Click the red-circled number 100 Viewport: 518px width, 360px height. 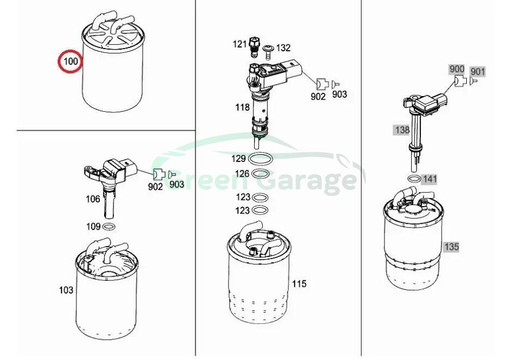[x=70, y=61]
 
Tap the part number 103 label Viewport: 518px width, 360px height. [x=66, y=290]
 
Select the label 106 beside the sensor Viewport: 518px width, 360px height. [x=93, y=199]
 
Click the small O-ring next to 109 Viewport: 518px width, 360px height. [x=109, y=227]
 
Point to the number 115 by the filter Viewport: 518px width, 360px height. [x=299, y=284]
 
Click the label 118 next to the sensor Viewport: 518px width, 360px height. [x=243, y=107]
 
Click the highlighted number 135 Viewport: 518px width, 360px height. [x=451, y=247]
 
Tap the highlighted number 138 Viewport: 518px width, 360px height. [x=402, y=130]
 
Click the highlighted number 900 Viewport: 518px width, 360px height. [x=456, y=69]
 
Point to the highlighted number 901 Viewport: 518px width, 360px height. [x=478, y=71]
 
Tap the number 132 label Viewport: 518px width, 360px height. [x=283, y=48]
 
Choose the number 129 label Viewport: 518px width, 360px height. [x=238, y=159]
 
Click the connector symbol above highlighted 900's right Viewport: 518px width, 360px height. [x=460, y=81]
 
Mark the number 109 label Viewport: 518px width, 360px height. [x=93, y=226]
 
